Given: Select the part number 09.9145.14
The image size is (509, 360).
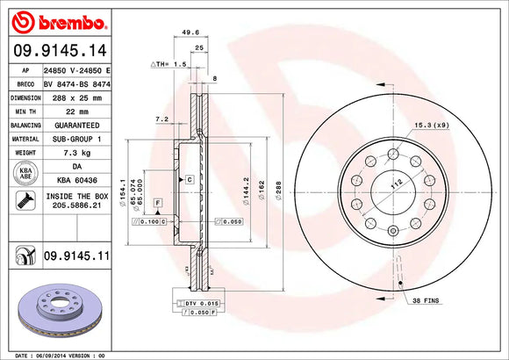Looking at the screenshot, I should point(62,50).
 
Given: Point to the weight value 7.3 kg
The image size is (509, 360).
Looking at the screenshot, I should point(75,152).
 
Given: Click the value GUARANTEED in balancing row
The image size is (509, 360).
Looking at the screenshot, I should point(76,126).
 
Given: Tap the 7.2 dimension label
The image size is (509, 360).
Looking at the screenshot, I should point(161,118).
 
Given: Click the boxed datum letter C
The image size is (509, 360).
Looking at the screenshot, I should point(188,179).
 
